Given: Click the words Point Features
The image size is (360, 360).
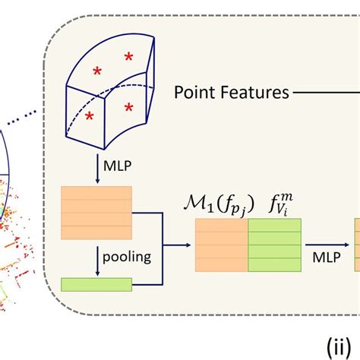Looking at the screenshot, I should pyautogui.click(x=232, y=93).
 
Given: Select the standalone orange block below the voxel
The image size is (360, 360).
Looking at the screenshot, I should pyautogui.click(x=96, y=206).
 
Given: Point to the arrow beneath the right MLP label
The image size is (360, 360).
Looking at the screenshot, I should pyautogui.click(x=324, y=245).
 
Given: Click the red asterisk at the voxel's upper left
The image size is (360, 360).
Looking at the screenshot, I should pyautogui.click(x=97, y=71).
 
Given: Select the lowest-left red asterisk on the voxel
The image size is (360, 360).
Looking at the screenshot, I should pyautogui.click(x=90, y=115).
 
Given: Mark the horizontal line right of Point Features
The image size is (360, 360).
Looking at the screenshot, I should pyautogui.click(x=327, y=93).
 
